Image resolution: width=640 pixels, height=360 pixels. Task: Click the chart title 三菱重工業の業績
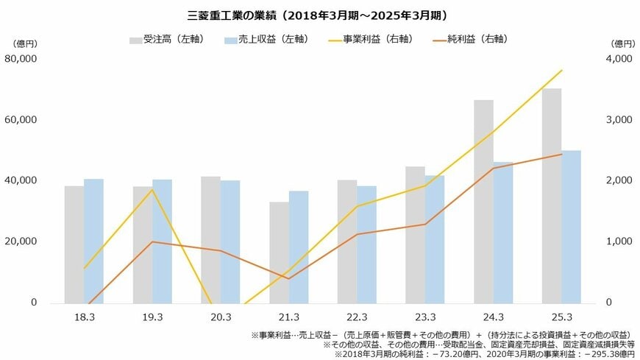(x=319, y=15)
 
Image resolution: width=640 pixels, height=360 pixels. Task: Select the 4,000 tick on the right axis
(x=618, y=59)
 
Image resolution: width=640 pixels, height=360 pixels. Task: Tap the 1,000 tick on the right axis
(x=618, y=241)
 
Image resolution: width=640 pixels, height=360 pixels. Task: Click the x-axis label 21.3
(x=289, y=317)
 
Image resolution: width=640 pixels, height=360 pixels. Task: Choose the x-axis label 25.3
(x=562, y=317)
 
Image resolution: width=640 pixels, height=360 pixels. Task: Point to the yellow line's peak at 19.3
(x=152, y=190)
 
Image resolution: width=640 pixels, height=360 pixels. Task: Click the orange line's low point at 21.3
(x=288, y=279)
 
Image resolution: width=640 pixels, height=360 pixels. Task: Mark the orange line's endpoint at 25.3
(x=562, y=155)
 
